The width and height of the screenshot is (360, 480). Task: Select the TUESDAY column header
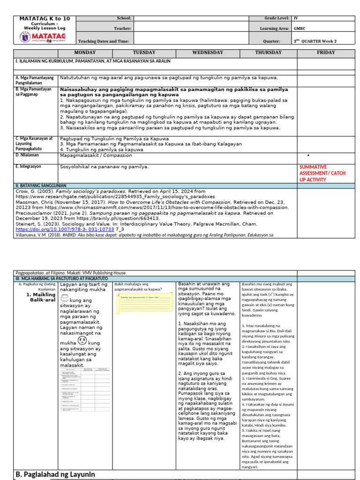144,52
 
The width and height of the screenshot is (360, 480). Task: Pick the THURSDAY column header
268,52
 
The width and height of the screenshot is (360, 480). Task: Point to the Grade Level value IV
296,18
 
